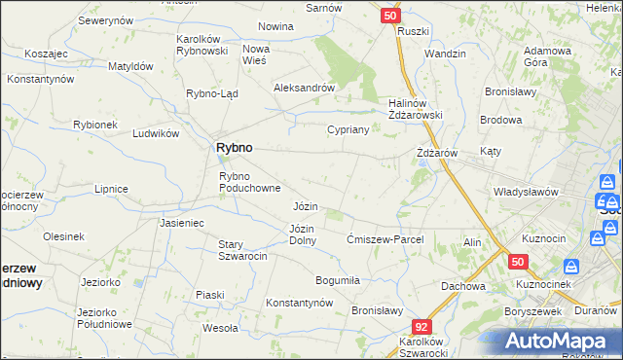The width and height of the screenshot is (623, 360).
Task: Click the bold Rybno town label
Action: (233, 147)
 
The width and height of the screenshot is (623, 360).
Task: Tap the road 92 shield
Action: (421, 328)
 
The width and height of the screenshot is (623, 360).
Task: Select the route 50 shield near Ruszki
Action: (390, 16)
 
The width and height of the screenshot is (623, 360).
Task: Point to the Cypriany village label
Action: (348, 129)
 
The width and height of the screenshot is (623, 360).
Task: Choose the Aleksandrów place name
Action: (305, 87)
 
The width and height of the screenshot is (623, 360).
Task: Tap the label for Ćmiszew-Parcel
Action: (384, 239)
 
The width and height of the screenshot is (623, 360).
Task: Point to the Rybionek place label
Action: (94, 125)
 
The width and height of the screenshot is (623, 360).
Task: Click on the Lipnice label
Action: (111, 188)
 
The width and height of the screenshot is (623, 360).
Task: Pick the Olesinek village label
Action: (63, 236)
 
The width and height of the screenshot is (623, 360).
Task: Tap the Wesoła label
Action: (221, 328)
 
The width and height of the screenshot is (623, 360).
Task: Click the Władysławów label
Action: (526, 192)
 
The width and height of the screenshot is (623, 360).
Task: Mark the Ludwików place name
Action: (156, 133)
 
